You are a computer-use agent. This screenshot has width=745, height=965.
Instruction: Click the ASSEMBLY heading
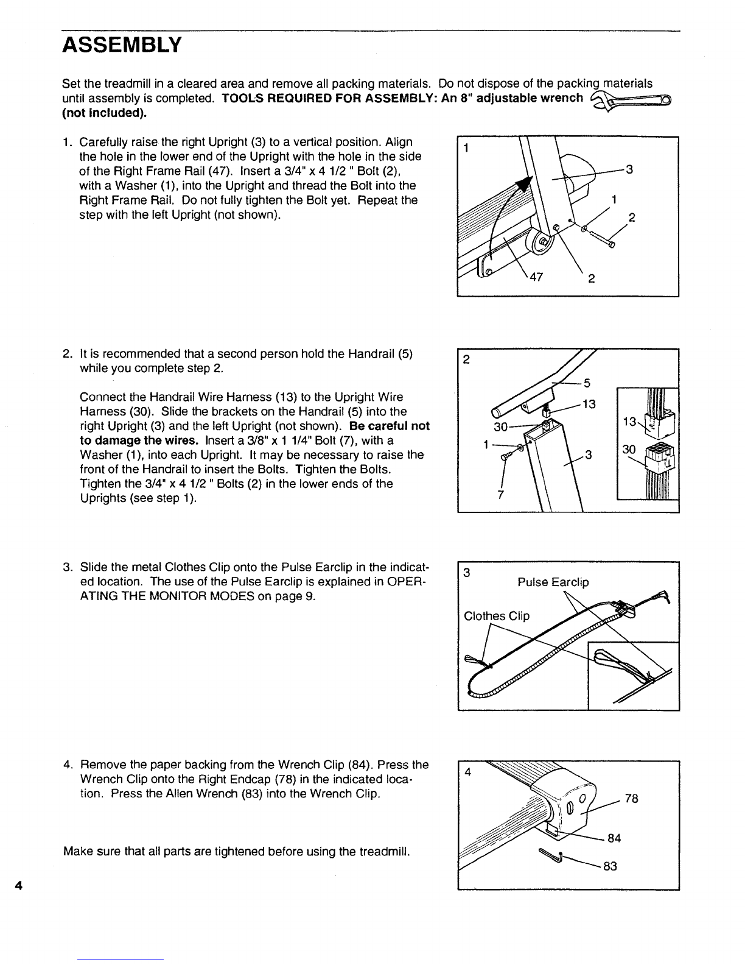coord(122,45)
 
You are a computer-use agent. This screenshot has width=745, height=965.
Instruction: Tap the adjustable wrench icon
coord(630,101)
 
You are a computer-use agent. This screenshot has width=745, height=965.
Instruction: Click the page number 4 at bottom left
coord(19,886)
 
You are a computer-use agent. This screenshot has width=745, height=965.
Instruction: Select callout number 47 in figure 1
coord(536,277)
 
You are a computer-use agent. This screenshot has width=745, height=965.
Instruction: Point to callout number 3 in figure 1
coord(629,169)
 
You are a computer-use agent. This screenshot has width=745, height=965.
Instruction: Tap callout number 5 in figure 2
coord(587,383)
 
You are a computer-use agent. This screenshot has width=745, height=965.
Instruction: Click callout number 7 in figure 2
coord(501,495)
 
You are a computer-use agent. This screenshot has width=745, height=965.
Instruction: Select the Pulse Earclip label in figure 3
coord(553,582)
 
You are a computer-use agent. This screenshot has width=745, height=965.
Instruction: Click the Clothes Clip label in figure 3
coord(497,616)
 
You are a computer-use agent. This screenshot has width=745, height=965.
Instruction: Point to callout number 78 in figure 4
coord(631,799)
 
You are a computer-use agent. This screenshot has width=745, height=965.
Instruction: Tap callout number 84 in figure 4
coord(614,838)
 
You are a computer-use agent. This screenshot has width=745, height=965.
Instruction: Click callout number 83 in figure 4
coord(610,866)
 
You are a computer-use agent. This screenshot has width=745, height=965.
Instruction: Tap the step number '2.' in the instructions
coord(68,354)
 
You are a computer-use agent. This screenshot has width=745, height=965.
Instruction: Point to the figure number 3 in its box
coord(466,573)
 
